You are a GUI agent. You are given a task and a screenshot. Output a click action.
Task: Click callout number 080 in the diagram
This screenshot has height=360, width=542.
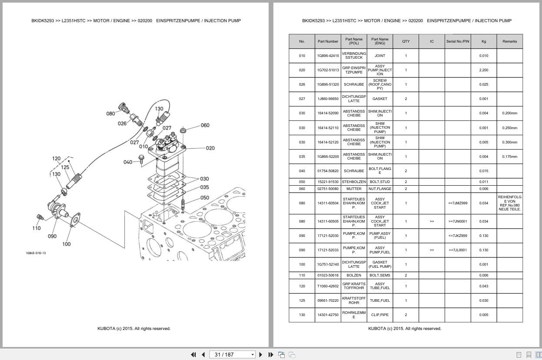111,113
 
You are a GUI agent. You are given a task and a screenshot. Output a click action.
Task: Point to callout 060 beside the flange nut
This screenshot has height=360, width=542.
205,125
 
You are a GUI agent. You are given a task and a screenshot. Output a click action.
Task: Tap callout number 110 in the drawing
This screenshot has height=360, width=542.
37,228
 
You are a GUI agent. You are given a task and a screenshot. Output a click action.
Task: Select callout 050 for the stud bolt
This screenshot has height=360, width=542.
205,198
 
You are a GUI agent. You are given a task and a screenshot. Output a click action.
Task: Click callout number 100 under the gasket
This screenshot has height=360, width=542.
67,244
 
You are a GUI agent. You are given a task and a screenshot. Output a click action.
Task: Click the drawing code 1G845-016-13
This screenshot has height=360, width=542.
36,253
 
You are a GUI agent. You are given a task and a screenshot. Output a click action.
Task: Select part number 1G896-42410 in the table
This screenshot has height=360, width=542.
328,56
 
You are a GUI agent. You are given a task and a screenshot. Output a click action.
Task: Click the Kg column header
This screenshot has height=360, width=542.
484,41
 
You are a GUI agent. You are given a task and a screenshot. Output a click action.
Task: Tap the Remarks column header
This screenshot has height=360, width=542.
509,41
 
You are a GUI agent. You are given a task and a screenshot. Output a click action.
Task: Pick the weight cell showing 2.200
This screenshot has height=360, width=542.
484,70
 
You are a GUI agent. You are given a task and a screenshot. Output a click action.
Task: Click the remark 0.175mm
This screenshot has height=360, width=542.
509,157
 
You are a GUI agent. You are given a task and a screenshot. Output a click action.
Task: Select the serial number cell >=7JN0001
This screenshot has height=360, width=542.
457,221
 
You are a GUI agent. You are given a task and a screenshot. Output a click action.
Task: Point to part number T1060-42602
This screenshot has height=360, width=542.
328,286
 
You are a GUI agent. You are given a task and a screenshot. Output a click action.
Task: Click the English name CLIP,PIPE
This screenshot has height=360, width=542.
380,315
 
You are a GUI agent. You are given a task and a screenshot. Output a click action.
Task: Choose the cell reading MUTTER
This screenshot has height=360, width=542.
354,189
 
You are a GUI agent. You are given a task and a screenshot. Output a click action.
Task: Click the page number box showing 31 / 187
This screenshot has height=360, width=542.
232,354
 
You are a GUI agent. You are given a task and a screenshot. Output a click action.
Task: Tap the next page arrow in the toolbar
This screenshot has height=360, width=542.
261,354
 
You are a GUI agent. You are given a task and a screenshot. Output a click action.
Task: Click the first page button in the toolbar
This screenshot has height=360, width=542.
194,354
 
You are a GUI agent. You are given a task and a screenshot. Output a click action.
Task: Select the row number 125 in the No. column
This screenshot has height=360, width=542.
302,300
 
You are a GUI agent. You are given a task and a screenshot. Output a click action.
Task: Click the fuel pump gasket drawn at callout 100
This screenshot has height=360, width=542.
75,221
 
